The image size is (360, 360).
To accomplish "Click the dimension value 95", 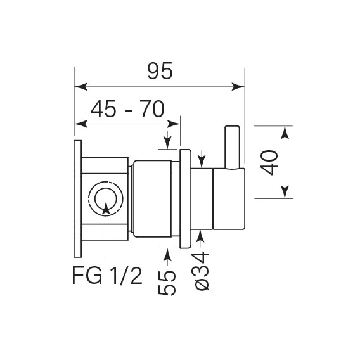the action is click(160, 71).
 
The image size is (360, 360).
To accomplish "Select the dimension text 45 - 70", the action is click(127, 108).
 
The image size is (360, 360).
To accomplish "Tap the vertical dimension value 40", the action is click(269, 162).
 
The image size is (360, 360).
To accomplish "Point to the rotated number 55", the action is click(167, 283).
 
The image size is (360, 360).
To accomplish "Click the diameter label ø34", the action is click(200, 271).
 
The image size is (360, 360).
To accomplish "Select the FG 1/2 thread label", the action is click(107, 276).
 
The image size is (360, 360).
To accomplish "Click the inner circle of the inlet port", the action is click(106, 199).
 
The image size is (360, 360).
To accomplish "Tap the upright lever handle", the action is click(233, 148).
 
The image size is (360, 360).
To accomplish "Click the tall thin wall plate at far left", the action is click(77, 198).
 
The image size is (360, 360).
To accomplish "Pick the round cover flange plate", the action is click(185, 199).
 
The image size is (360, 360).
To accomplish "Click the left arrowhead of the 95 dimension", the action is click(81, 87).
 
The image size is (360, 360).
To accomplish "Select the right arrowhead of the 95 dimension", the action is click(238, 87).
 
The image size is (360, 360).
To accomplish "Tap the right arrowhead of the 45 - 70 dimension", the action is click(174, 124).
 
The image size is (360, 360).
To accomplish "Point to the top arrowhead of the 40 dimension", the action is click(285, 132).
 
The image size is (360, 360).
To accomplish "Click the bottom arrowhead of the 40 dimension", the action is click(285, 191).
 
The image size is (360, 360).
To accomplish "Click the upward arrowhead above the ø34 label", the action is click(200, 236).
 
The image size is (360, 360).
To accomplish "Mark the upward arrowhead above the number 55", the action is click(167, 254).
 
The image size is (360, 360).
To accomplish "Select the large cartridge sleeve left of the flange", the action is click(153, 199).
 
